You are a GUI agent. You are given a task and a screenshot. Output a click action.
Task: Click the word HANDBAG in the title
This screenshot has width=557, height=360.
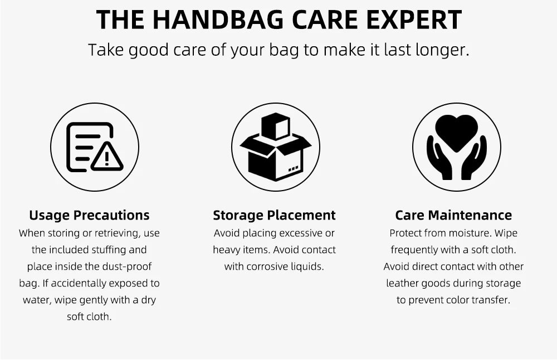pyautogui.click(x=218, y=20)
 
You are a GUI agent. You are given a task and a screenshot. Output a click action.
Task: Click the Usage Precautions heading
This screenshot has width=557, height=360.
pyautogui.click(x=89, y=215)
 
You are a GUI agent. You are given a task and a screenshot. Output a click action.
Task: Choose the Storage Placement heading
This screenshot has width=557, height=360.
pyautogui.click(x=274, y=215)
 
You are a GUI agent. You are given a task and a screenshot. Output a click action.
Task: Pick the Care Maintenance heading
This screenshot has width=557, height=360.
pyautogui.click(x=453, y=215)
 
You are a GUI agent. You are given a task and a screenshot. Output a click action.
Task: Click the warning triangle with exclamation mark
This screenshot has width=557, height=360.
pyautogui.click(x=107, y=157)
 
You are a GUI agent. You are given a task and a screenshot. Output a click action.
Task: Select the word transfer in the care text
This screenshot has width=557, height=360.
pyautogui.click(x=491, y=300)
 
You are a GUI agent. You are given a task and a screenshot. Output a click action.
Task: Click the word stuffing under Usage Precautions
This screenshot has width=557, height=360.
pyautogui.click(x=109, y=250)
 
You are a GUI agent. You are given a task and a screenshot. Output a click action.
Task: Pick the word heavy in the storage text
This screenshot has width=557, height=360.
pyautogui.click(x=226, y=250)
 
